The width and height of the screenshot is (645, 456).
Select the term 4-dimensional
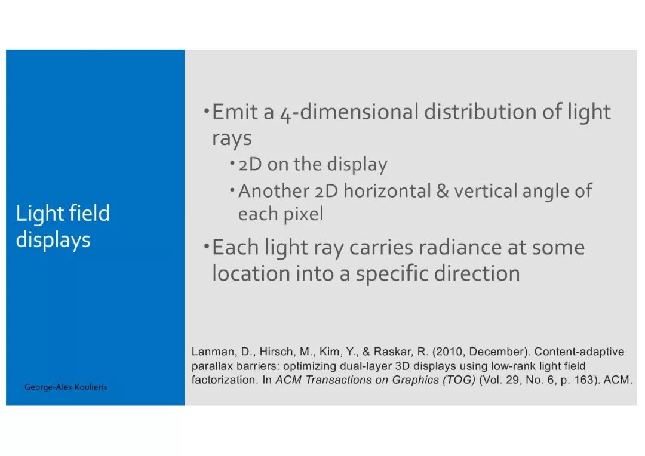point(348,112)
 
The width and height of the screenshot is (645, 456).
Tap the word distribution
point(479,112)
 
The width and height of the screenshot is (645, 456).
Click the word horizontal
point(387,191)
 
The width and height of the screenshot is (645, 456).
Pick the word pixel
point(303,214)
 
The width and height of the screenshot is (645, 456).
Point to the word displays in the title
point(53,240)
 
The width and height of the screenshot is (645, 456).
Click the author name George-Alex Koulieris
point(66,387)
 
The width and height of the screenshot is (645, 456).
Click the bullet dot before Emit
point(207,110)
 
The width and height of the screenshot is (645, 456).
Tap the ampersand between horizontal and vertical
point(443,191)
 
